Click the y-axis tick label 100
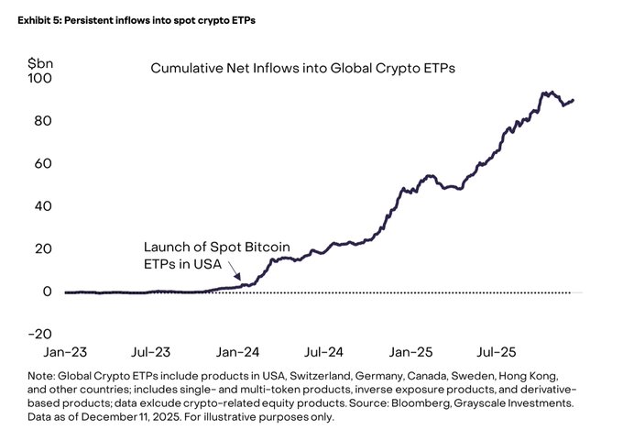(x=39, y=79)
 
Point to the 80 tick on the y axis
(x=42, y=121)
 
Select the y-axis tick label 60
(x=42, y=164)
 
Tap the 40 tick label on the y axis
(x=42, y=206)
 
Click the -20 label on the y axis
(x=38, y=334)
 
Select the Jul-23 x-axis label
(x=150, y=351)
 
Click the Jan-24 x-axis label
(x=237, y=351)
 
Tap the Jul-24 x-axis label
(x=323, y=351)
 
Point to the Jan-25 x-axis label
(x=410, y=351)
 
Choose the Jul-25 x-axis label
(x=497, y=351)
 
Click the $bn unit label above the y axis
(x=40, y=62)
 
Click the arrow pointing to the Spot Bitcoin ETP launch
(x=235, y=270)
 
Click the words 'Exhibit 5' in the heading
(x=34, y=19)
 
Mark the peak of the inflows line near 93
(x=546, y=93)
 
